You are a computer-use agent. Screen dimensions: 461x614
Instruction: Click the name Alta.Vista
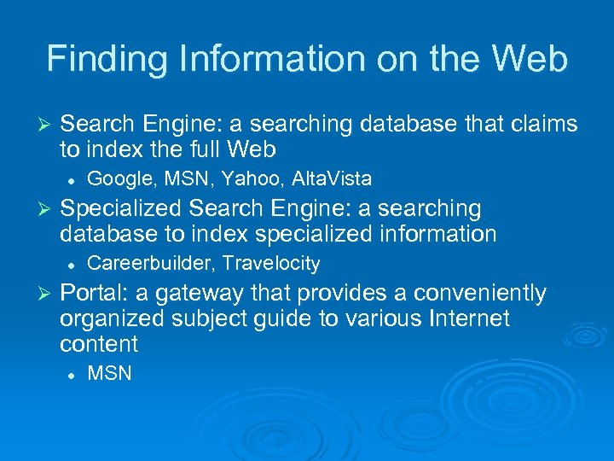[x=332, y=178]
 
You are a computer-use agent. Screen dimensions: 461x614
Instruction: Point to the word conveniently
[x=479, y=294]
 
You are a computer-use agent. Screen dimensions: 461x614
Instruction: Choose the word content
[x=98, y=344]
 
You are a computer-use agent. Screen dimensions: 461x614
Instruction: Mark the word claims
[x=544, y=125]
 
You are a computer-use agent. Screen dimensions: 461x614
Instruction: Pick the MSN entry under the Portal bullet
[x=109, y=373]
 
